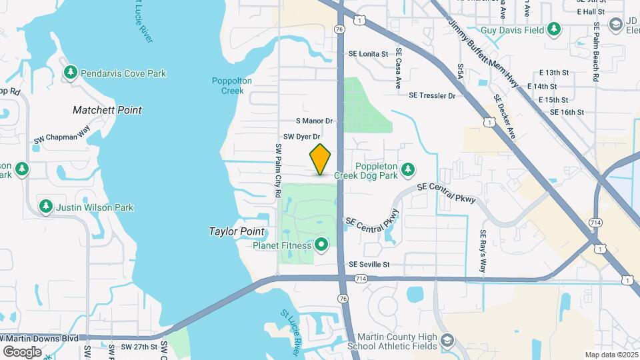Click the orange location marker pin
coord(320,159)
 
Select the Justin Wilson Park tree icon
coord(46,207)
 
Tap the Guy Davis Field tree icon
coord(553,29)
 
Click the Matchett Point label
coord(117,109)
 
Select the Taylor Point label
coord(236,231)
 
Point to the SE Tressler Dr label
coord(431,95)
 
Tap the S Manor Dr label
coord(314,121)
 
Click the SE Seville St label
coord(369,264)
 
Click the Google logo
coord(21,351)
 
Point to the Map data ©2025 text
coord(610,355)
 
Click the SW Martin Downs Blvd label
coord(40,338)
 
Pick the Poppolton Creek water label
coord(231,85)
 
